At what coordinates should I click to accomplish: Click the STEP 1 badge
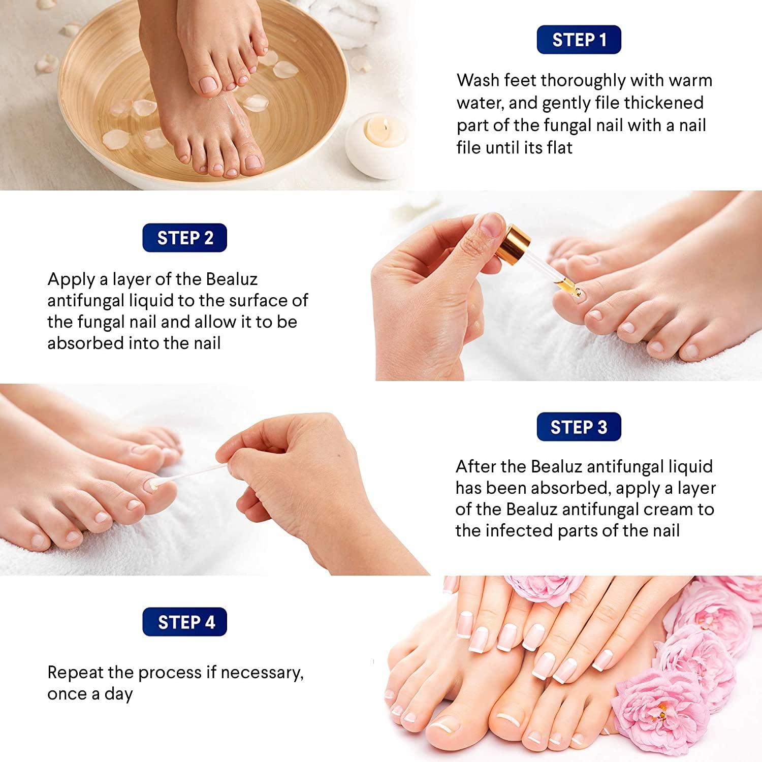(x=579, y=40)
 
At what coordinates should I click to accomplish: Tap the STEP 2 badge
(x=185, y=238)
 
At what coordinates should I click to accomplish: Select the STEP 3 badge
(x=579, y=427)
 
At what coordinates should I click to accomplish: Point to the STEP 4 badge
(x=186, y=622)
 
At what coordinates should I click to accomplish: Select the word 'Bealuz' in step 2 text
(x=231, y=279)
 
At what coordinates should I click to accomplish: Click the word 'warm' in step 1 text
(x=690, y=81)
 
